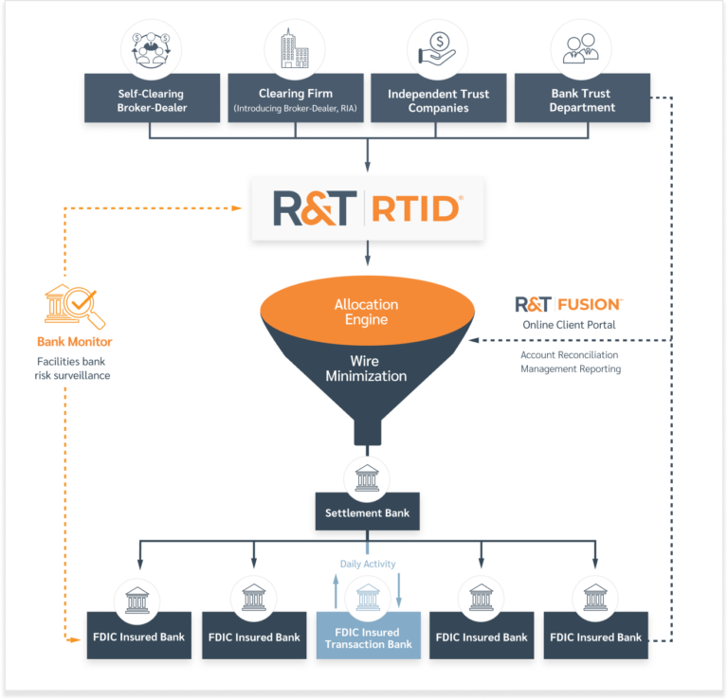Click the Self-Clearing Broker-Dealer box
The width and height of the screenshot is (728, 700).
point(152,100)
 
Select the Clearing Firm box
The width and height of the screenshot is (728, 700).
point(295,100)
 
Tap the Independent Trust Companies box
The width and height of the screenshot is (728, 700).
point(438,100)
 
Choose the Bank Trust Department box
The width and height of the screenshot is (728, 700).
point(581,100)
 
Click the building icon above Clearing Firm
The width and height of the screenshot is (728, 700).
point(295,48)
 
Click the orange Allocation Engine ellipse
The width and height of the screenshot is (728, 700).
point(367,312)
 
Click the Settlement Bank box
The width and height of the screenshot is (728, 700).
point(367,512)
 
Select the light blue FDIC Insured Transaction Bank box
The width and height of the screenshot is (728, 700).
point(368,637)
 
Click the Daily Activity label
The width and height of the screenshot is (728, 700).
point(368,564)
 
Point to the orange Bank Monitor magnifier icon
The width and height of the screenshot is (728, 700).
point(74,305)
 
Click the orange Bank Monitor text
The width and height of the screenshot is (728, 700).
point(74,341)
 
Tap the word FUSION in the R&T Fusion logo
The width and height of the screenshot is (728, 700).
point(589,304)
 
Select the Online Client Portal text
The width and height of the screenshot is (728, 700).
point(569,325)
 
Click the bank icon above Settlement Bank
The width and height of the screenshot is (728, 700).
point(367,476)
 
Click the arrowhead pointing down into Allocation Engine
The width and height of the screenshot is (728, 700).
point(367,271)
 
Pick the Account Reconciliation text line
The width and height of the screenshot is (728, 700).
point(569,355)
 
